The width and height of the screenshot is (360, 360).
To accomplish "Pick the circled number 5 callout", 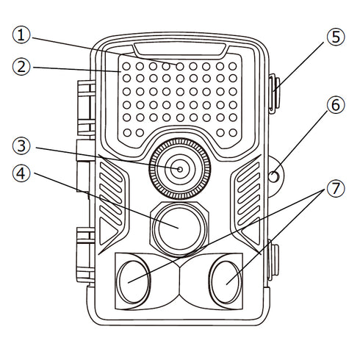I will [336, 36].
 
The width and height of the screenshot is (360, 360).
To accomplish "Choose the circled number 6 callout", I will [336, 104].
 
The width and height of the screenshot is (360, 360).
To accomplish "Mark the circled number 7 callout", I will [336, 188].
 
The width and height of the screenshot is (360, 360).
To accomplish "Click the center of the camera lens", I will [179, 169].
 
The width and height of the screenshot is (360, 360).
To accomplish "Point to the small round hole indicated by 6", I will [273, 176].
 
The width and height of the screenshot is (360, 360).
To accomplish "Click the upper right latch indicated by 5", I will [274, 94].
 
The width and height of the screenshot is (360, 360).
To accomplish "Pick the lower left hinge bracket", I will [84, 253].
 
